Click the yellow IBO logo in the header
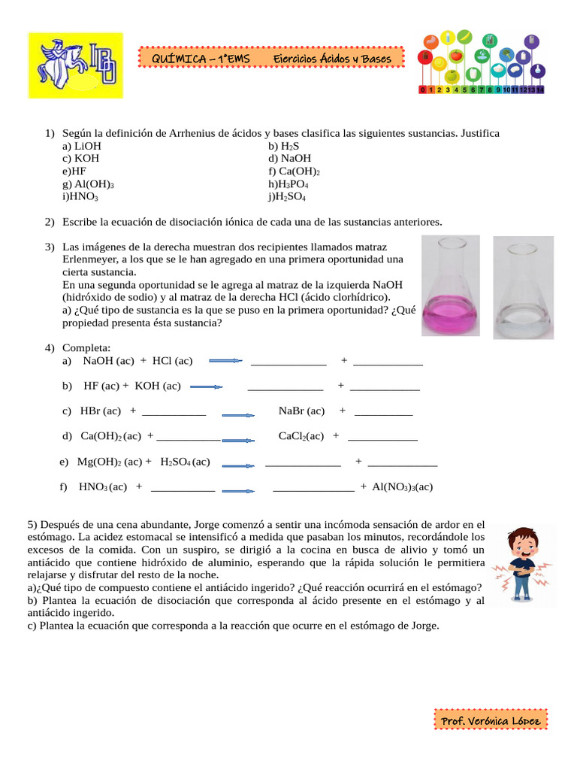click(x=75, y=65)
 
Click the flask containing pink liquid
click(x=451, y=286)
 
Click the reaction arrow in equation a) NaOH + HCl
click(x=225, y=361)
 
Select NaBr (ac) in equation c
click(x=301, y=411)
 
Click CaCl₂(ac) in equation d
click(x=301, y=436)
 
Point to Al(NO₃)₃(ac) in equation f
click(x=402, y=487)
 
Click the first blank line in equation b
click(x=285, y=387)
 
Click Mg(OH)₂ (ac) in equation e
click(x=110, y=462)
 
